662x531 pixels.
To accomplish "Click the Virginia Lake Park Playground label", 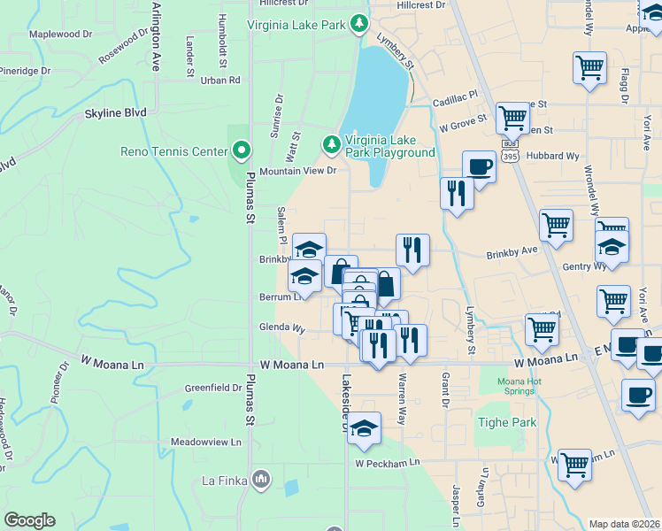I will coord(389,146).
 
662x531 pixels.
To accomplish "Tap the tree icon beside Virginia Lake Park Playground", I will coord(331,143).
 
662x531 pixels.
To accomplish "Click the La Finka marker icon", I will coord(260,481).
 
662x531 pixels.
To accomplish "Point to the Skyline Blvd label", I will coord(115,114).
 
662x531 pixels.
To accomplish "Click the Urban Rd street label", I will coord(220,81).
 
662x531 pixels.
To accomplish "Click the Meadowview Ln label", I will coord(205,442).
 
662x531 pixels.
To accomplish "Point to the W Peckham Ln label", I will coord(388,463).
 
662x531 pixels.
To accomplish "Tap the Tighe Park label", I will coord(509,422).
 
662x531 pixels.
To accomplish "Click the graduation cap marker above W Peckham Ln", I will coord(364,429).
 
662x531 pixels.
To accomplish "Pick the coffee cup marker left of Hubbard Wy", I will coord(479,166).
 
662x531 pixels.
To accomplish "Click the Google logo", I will coord(29,520).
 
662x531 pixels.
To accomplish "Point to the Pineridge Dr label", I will coord(25,70).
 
